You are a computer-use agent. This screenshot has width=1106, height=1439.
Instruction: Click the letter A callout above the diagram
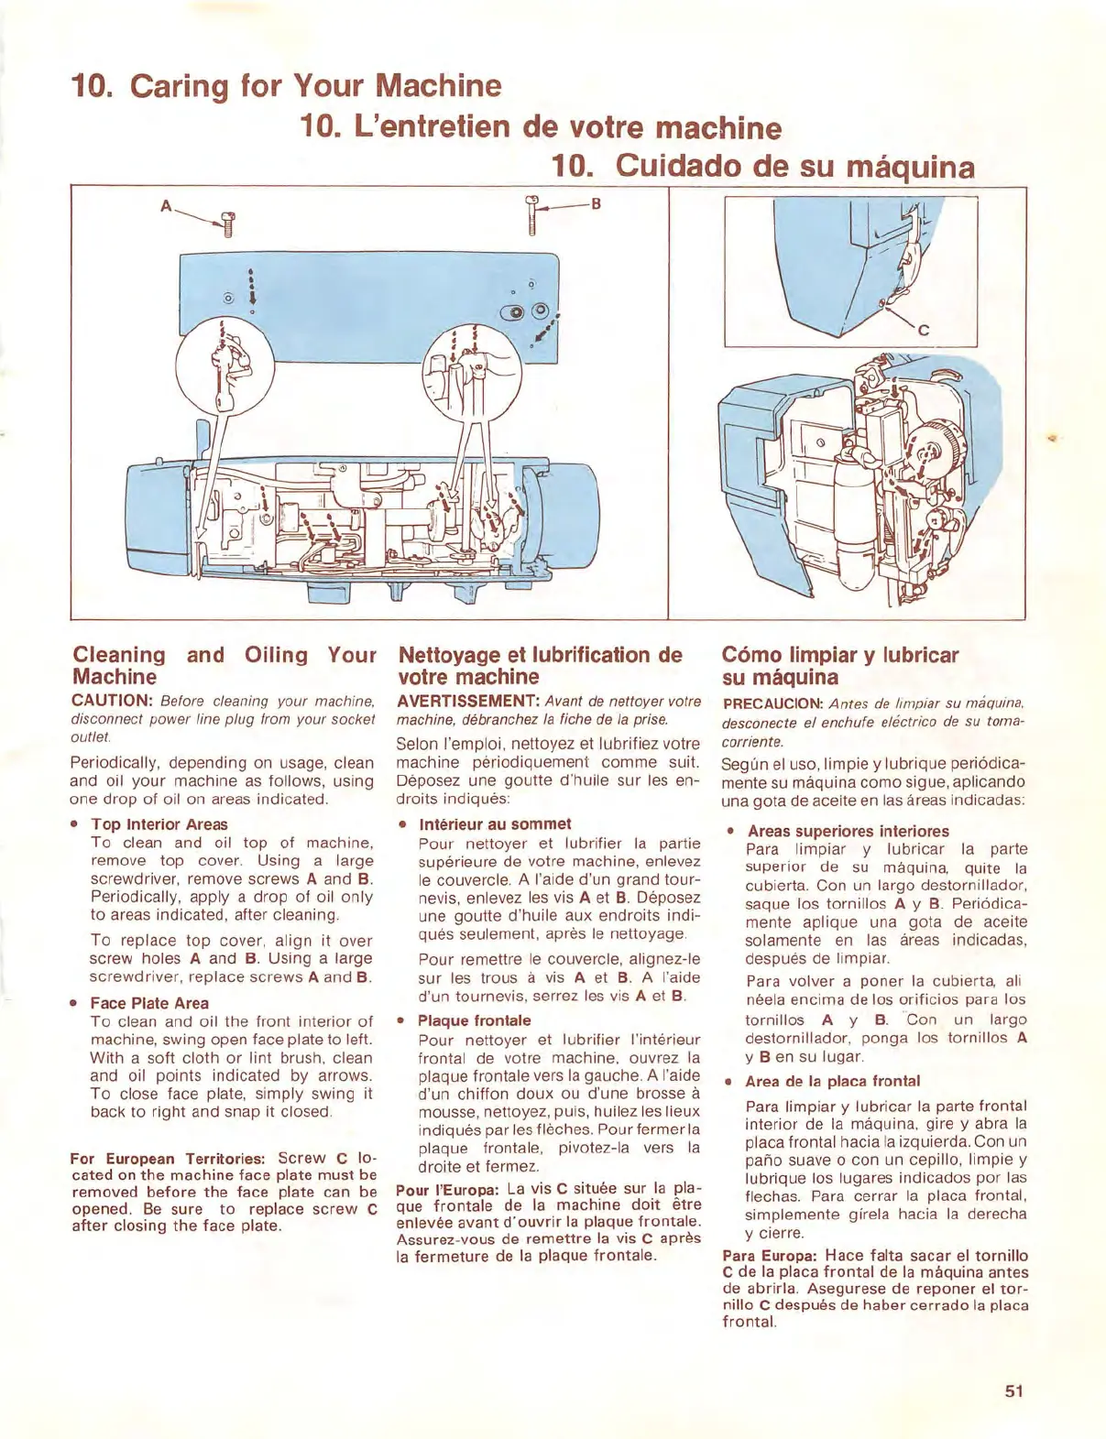click(166, 206)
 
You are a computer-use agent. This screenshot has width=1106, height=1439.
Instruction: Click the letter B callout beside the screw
click(596, 203)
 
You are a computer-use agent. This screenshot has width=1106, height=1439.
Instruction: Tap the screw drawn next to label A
click(228, 223)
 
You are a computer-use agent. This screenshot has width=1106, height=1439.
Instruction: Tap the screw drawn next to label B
click(531, 214)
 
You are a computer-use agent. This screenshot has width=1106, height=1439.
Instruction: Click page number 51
click(1013, 1390)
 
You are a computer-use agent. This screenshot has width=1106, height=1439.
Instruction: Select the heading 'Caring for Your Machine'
click(287, 86)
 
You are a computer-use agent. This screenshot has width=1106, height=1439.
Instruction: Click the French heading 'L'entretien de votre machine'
click(541, 126)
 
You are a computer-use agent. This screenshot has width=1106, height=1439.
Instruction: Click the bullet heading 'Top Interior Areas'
click(159, 824)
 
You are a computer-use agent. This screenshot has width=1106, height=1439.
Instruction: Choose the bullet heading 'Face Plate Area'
click(149, 1003)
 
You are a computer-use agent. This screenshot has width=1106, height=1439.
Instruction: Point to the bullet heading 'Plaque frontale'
click(474, 1020)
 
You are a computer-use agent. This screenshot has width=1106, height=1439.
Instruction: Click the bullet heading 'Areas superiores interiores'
click(848, 831)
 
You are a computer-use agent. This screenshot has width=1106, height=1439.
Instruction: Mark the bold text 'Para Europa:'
click(770, 1256)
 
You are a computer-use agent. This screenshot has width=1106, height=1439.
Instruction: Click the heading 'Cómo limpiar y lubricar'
click(839, 655)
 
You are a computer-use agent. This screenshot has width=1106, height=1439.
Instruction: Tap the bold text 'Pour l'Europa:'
click(447, 1190)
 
